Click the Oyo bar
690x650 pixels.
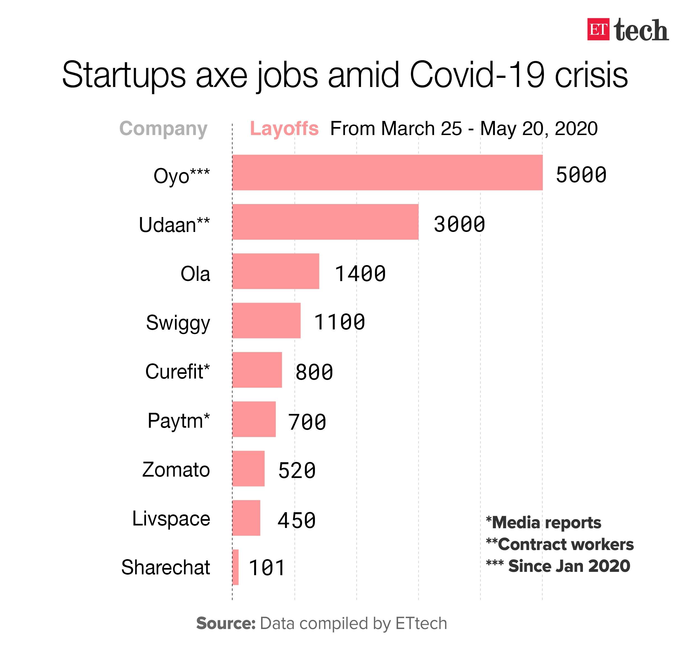[x=387, y=173]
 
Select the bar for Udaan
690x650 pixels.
[x=325, y=222]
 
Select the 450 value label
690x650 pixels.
[x=296, y=520]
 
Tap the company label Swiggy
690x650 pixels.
[x=178, y=323]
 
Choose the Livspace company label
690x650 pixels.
[x=171, y=519]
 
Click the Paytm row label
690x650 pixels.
[x=178, y=421]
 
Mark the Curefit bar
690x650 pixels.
[x=257, y=370]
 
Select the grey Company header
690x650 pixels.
[x=163, y=129]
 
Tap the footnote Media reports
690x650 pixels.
[x=543, y=523]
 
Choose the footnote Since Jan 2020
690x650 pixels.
[x=558, y=566]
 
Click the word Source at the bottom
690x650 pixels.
[x=225, y=623]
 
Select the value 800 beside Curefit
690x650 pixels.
[x=314, y=372]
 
